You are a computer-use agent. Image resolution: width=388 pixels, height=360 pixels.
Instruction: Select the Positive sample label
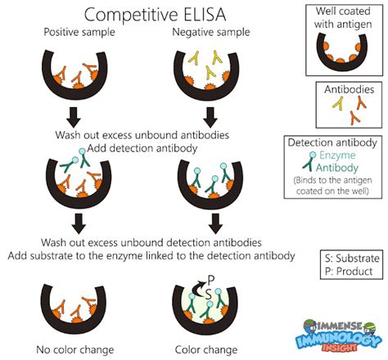click(x=78, y=34)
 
